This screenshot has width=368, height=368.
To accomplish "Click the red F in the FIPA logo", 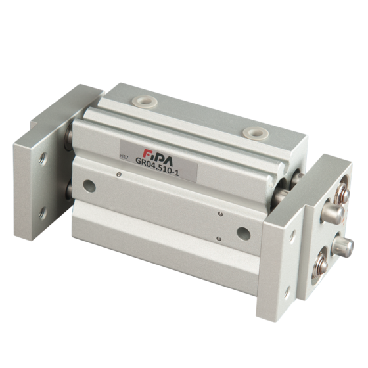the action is tap(147, 154).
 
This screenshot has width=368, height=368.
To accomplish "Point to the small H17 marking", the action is tap(124, 157).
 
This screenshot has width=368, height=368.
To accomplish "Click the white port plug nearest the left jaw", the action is tap(145, 102).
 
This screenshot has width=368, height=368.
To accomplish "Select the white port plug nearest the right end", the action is tap(256, 133).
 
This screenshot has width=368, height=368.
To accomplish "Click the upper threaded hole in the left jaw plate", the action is tap(43, 159).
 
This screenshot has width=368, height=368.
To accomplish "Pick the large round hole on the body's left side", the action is tap(89, 186).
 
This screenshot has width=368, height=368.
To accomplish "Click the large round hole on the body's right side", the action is tap(244, 233).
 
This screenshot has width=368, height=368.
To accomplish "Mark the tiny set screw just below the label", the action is tap(119, 174).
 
